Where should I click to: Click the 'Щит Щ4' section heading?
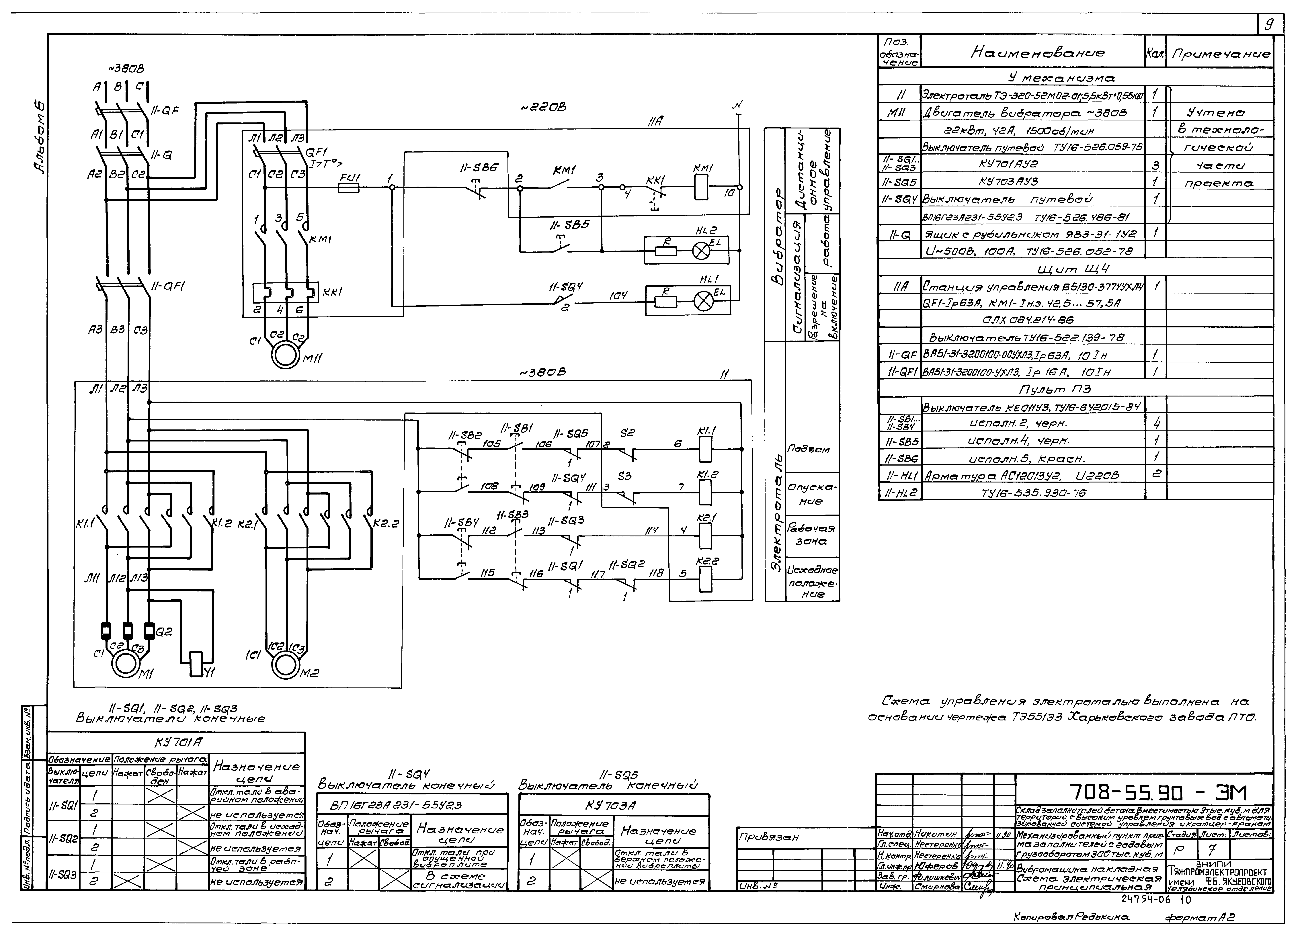click(1073, 269)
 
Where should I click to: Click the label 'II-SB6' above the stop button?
click(479, 168)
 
